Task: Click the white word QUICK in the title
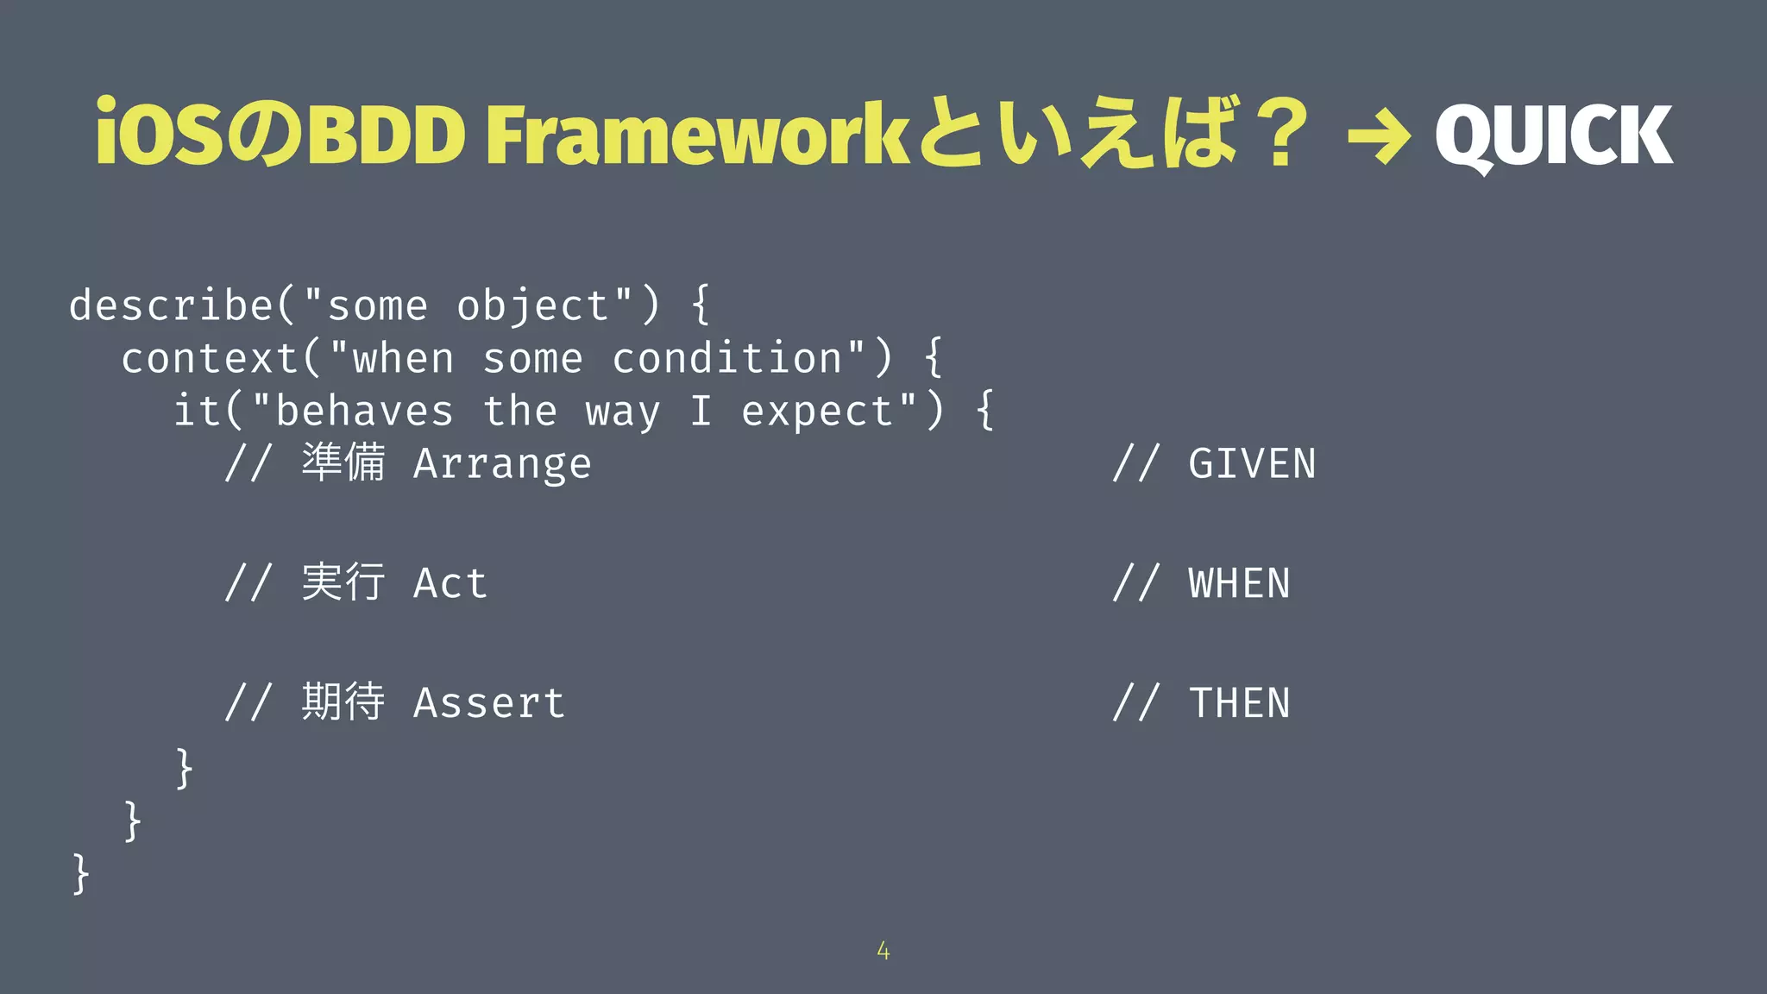click(1553, 135)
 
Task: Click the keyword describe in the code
click(171, 305)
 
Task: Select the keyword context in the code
click(210, 358)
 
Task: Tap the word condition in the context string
click(726, 358)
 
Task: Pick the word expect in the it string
click(817, 412)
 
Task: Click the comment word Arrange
click(502, 464)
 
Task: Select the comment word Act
click(450, 583)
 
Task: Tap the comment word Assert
click(489, 702)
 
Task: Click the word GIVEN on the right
click(1252, 464)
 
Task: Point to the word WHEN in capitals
click(1239, 583)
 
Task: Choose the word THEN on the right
click(1239, 702)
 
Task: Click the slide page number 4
click(883, 951)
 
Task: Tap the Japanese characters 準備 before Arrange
click(343, 462)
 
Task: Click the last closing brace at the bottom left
click(80, 873)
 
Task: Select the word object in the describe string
click(532, 306)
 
